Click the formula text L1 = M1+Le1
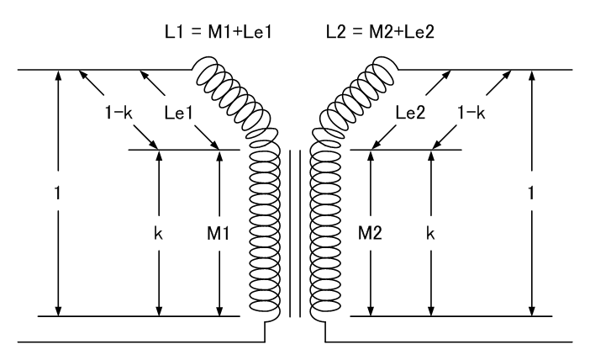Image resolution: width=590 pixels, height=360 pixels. [x=219, y=32]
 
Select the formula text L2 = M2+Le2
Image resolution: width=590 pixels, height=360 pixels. [x=380, y=32]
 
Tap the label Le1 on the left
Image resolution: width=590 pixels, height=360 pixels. [x=179, y=113]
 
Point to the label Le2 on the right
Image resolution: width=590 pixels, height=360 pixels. [x=410, y=112]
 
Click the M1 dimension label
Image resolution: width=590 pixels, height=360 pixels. [x=219, y=234]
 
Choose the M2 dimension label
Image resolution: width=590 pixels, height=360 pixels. [x=370, y=234]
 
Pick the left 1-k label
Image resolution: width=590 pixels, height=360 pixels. [x=119, y=113]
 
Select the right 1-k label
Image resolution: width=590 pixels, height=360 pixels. [x=471, y=113]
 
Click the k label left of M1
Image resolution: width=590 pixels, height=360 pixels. [x=158, y=234]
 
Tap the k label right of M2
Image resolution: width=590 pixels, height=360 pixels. [x=431, y=234]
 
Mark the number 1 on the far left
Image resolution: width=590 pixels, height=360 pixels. [x=57, y=193]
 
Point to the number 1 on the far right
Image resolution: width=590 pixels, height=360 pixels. [x=531, y=193]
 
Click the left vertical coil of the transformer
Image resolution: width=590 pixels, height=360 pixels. [x=265, y=231]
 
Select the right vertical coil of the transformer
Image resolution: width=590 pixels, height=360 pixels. [x=325, y=231]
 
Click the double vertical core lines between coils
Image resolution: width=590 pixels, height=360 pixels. [x=295, y=234]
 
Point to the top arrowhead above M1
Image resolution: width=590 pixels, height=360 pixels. [x=219, y=156]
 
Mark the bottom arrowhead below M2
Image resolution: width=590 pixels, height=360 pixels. [x=371, y=310]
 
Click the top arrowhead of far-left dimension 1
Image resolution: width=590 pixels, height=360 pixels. [x=58, y=77]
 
